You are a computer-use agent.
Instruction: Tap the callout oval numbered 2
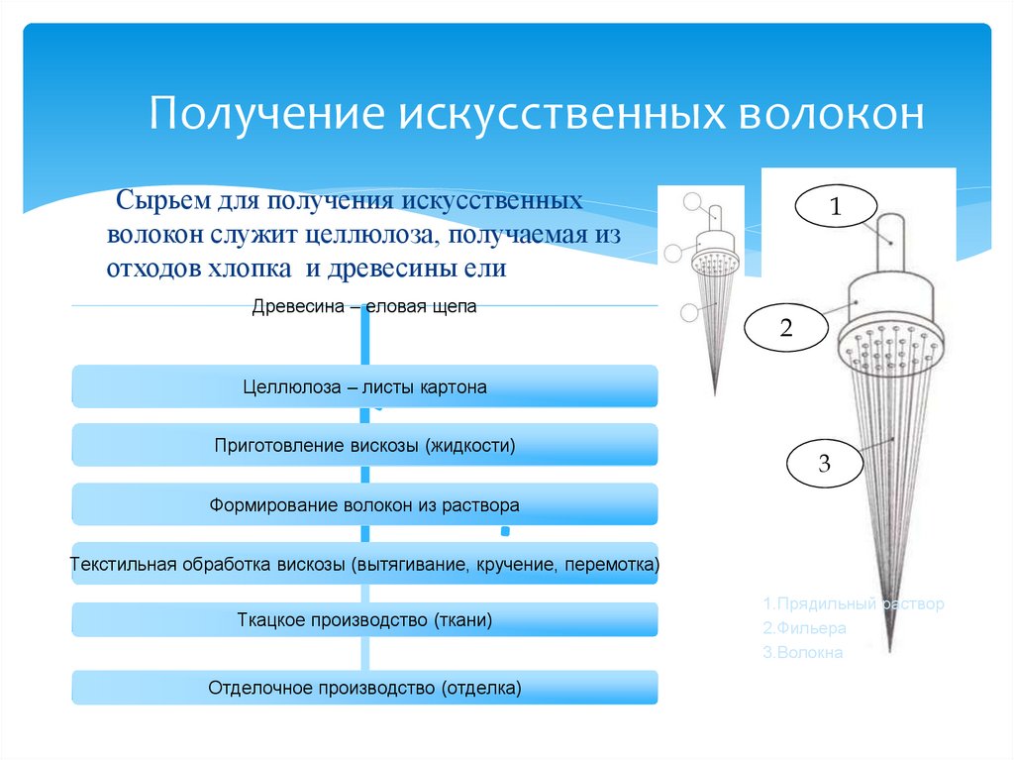[x=786, y=328]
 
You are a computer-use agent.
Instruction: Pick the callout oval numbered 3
[x=825, y=464]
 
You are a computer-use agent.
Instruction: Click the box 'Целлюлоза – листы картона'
[x=364, y=386]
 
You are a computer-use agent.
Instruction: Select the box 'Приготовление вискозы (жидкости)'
[x=364, y=445]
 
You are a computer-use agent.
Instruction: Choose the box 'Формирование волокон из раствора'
[x=364, y=504]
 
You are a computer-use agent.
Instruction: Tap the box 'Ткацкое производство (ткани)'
[x=364, y=620]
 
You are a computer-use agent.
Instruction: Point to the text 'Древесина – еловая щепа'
[x=364, y=307]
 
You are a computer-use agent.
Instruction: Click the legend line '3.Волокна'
[x=803, y=653]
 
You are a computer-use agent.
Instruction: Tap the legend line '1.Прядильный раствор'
[x=853, y=603]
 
